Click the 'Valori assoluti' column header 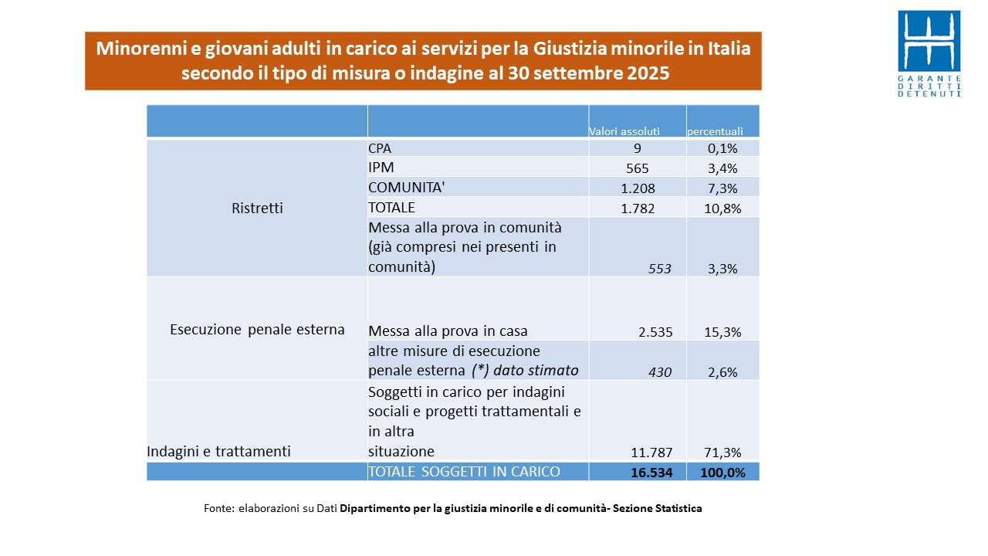[x=624, y=131]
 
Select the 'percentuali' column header [x=715, y=131]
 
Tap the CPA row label [x=380, y=148]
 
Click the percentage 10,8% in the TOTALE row [x=722, y=208]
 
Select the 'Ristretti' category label [x=257, y=208]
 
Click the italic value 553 [x=660, y=269]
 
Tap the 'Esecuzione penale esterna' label [x=257, y=330]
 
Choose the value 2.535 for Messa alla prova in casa [x=655, y=332]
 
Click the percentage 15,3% [x=723, y=332]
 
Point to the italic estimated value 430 [x=660, y=372]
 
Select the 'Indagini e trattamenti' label [x=219, y=452]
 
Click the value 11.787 [x=652, y=453]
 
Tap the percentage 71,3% [x=723, y=453]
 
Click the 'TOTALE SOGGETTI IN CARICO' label [x=464, y=472]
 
